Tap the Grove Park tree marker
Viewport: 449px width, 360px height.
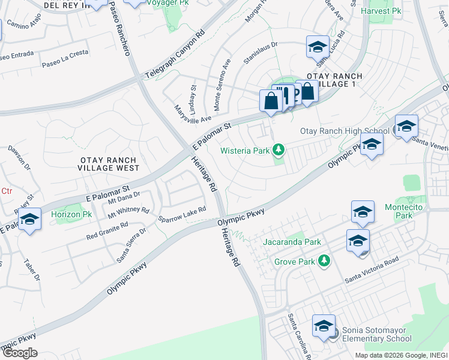[324, 261]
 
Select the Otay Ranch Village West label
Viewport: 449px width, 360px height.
[109, 164]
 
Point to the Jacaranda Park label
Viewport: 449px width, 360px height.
[292, 242]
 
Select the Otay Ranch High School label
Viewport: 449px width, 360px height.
[345, 131]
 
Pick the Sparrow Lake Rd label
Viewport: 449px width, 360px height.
[182, 214]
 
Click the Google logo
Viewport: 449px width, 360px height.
[20, 353]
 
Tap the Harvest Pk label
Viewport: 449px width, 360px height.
[381, 11]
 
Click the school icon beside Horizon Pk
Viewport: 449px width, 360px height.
[29, 220]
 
